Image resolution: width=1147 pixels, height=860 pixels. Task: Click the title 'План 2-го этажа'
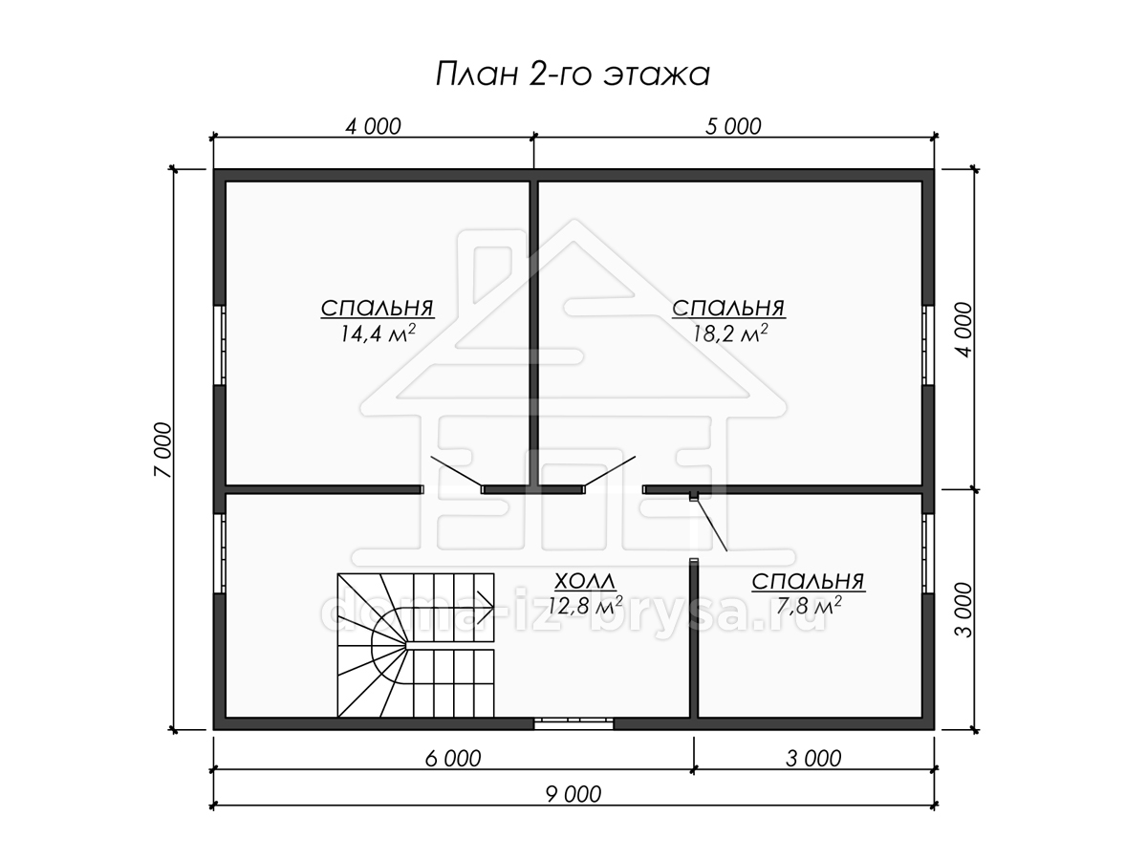coord(573,75)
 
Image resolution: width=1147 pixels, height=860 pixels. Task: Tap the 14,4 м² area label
coord(378,333)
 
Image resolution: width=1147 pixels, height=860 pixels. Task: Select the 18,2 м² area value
coord(729,333)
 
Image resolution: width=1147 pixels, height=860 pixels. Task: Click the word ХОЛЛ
coord(585,581)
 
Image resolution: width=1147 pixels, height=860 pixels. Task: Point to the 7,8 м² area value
coord(809,606)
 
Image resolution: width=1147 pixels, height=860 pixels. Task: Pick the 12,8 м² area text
coord(584,606)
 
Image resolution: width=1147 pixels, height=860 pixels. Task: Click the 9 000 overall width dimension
coord(573,795)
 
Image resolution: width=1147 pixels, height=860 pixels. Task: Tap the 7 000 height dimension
coord(162,449)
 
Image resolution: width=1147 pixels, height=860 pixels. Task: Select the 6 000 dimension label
coord(452,759)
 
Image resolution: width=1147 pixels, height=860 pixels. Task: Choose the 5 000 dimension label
coord(733,126)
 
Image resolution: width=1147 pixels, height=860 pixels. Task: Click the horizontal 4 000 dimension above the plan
coord(373,126)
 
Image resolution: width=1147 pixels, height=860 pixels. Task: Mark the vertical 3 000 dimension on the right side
coord(963,610)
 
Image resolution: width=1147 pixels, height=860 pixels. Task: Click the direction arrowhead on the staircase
coord(486,608)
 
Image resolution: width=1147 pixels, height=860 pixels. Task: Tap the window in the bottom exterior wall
coord(573,723)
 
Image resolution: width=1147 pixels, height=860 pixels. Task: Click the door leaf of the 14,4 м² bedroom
coord(456,471)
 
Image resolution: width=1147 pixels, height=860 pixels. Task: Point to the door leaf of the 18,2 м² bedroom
coord(610,471)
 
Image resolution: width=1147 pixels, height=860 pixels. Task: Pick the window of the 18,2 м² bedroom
coord(927,345)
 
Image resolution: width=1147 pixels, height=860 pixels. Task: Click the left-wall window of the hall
coord(220,553)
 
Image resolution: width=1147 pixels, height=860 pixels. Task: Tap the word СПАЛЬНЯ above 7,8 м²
coord(808,582)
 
